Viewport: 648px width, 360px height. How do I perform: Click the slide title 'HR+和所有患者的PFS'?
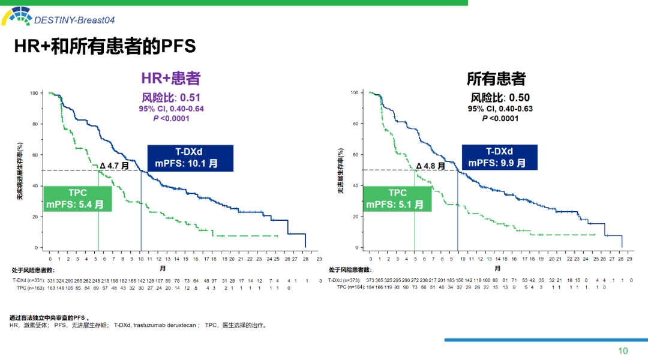106,47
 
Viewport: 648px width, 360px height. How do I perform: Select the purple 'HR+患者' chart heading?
170,79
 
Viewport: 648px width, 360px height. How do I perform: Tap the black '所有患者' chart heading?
496,79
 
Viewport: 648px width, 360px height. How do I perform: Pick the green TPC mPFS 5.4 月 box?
77,199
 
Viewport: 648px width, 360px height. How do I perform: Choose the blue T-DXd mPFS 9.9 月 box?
499,157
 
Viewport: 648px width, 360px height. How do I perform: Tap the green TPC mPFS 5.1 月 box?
397,199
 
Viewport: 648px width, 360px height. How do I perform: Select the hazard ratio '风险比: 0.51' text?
170,97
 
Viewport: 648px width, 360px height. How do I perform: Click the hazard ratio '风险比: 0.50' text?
500,98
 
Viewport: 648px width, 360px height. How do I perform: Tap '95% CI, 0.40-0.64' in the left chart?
171,109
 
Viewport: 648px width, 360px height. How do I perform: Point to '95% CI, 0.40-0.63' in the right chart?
500,109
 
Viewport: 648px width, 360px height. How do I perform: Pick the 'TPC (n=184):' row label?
349,287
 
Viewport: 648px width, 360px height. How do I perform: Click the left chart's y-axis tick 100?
34,93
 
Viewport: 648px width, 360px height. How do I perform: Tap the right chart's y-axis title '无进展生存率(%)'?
340,171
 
